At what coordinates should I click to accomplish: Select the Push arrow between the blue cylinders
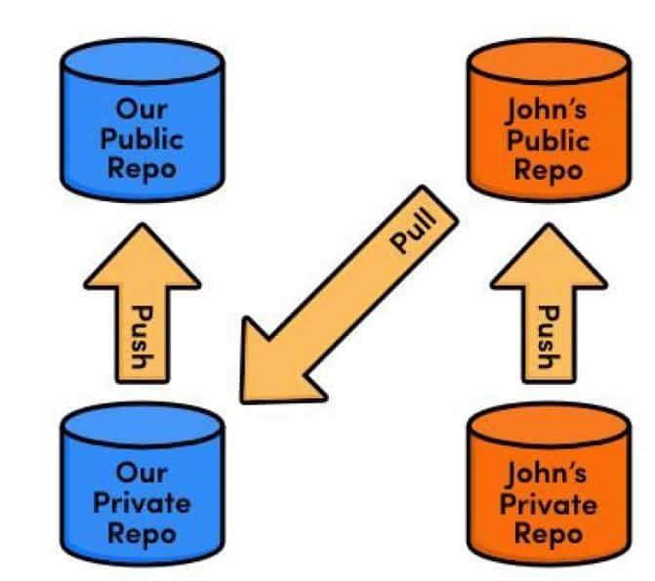click(142, 312)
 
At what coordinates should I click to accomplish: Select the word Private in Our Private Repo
click(143, 504)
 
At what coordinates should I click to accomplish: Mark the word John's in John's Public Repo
click(548, 108)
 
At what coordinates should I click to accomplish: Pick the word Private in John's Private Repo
click(548, 505)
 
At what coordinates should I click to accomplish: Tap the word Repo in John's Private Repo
click(548, 534)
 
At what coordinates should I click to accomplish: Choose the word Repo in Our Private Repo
click(143, 533)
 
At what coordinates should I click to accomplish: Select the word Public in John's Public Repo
click(548, 139)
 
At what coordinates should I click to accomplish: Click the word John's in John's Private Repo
click(548, 475)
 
